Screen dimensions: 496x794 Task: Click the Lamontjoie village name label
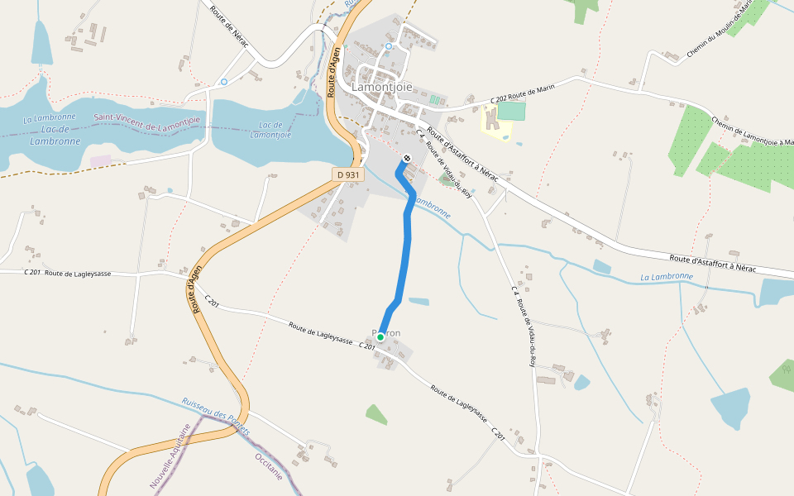[382, 86]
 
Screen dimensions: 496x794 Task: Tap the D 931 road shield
[349, 174]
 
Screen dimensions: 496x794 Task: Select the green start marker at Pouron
[380, 336]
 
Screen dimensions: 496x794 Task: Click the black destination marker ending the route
[406, 158]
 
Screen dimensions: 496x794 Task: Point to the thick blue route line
[407, 248]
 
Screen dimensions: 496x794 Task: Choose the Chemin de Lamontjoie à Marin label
[740, 130]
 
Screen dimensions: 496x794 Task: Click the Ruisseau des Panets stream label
[216, 416]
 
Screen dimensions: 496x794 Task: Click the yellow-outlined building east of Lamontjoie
[494, 122]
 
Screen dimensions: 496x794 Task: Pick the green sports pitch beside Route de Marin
[511, 111]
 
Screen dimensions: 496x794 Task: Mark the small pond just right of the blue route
[419, 301]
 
